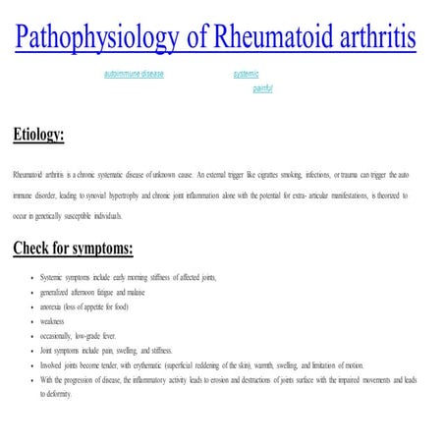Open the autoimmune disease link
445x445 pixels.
click(134, 74)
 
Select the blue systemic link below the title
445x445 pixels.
click(246, 74)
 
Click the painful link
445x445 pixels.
click(262, 88)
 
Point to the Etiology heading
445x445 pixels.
click(38, 135)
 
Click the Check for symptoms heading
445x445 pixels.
click(73, 247)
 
